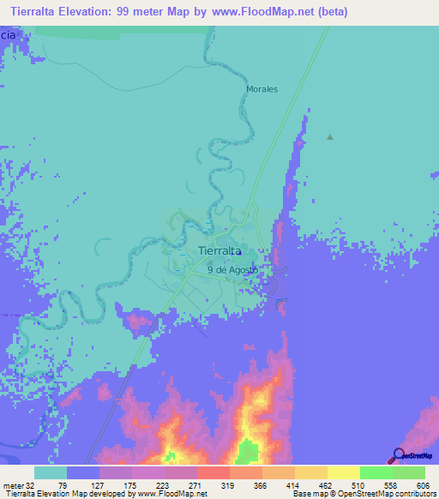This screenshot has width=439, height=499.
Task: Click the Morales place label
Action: pos(262,89)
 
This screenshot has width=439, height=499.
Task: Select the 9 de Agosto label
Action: pos(232,269)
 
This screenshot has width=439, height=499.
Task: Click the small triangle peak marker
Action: pos(330,136)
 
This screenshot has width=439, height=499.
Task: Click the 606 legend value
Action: pos(424,485)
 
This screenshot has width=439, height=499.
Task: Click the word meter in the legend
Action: pos(11,485)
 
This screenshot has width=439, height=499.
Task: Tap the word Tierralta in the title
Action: pos(35,13)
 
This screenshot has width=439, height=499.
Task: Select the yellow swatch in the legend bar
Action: pos(343,472)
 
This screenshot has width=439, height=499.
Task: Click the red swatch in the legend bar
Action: pos(213,472)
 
